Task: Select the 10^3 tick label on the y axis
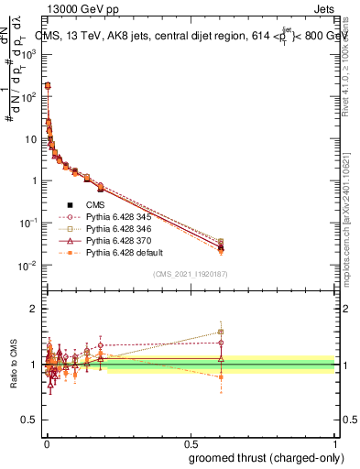click(27, 55)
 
